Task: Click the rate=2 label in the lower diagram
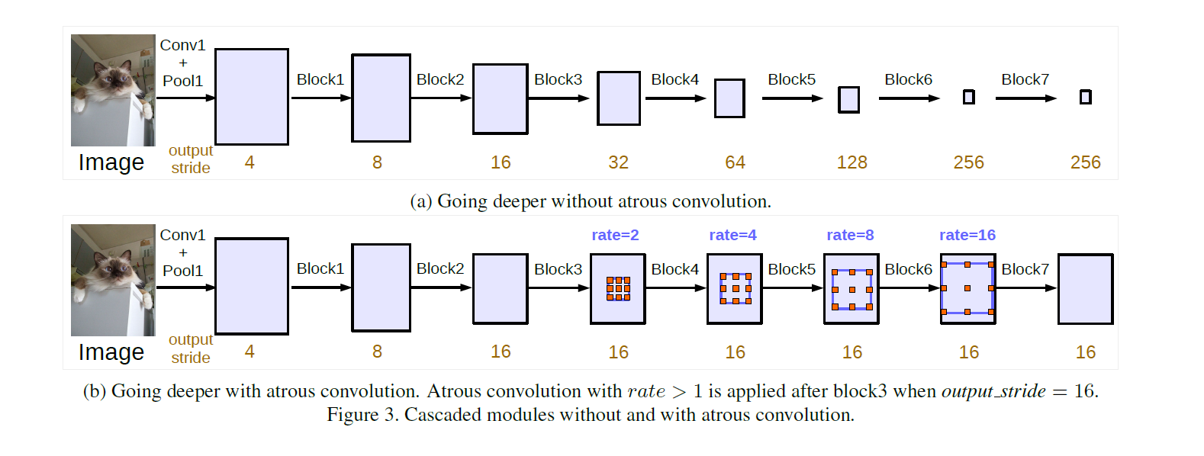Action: click(x=615, y=235)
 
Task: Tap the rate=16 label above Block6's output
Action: click(x=967, y=235)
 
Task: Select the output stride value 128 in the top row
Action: click(x=851, y=162)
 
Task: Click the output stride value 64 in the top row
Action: click(x=735, y=162)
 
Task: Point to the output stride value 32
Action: click(x=618, y=162)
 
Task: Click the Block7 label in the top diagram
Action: click(x=1025, y=79)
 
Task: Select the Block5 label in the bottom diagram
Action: click(x=791, y=269)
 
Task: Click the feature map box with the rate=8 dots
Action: click(x=851, y=289)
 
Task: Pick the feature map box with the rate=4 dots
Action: click(x=735, y=289)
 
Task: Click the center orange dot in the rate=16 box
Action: click(x=967, y=288)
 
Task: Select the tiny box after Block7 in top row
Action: click(x=1085, y=97)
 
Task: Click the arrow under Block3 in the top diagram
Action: click(x=559, y=98)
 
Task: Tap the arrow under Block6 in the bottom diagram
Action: click(x=909, y=288)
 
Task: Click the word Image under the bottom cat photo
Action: click(x=111, y=352)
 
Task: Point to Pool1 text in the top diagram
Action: click(x=182, y=81)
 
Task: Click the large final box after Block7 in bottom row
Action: click(x=1085, y=289)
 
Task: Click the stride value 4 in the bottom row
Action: click(x=249, y=352)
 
